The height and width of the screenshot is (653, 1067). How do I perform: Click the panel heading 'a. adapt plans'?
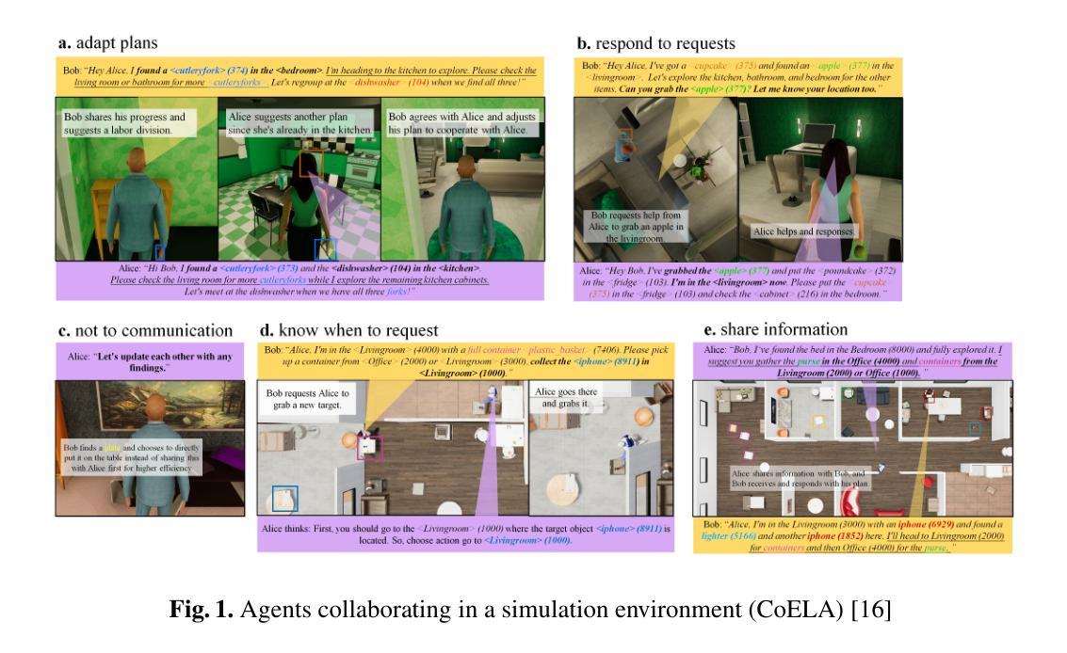pos(107,43)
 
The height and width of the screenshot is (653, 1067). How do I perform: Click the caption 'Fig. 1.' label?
pos(201,610)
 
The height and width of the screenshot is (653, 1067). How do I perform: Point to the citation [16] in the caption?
pos(871,610)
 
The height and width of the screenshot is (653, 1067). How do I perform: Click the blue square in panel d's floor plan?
pos(284,498)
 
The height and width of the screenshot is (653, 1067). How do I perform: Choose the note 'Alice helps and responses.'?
pos(803,231)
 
